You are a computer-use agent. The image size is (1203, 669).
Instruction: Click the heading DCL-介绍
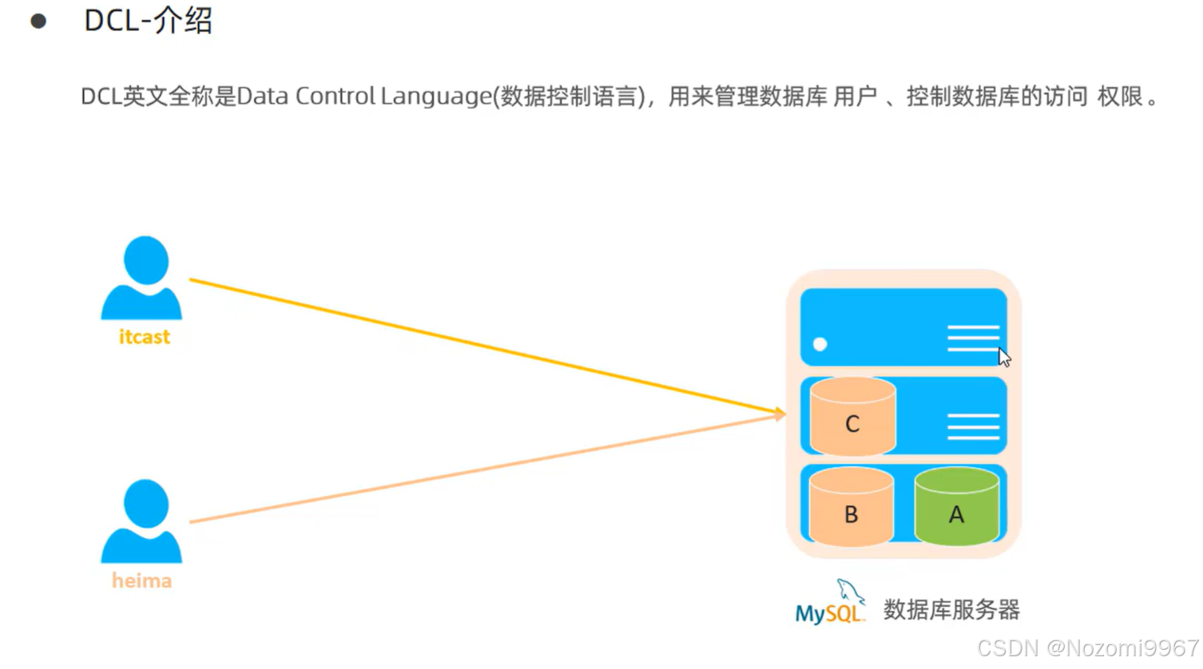click(148, 21)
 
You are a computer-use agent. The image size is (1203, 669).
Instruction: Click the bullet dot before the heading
click(38, 22)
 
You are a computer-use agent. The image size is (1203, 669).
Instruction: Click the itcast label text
click(145, 337)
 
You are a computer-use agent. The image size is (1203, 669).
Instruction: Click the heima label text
click(142, 580)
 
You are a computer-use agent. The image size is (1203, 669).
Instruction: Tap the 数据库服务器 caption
click(951, 610)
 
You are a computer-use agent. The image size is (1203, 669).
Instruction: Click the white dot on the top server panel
click(820, 344)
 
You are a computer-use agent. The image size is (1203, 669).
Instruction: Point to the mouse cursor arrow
click(1004, 357)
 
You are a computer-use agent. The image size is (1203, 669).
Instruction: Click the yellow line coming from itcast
click(479, 345)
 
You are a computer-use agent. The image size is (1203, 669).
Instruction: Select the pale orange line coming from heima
click(479, 469)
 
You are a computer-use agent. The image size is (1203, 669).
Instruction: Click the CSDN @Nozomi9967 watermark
click(1087, 648)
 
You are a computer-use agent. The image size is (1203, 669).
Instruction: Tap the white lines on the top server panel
click(972, 338)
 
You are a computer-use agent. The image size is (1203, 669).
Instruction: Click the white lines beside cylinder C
click(973, 426)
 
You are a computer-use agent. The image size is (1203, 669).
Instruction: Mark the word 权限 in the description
click(1120, 97)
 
